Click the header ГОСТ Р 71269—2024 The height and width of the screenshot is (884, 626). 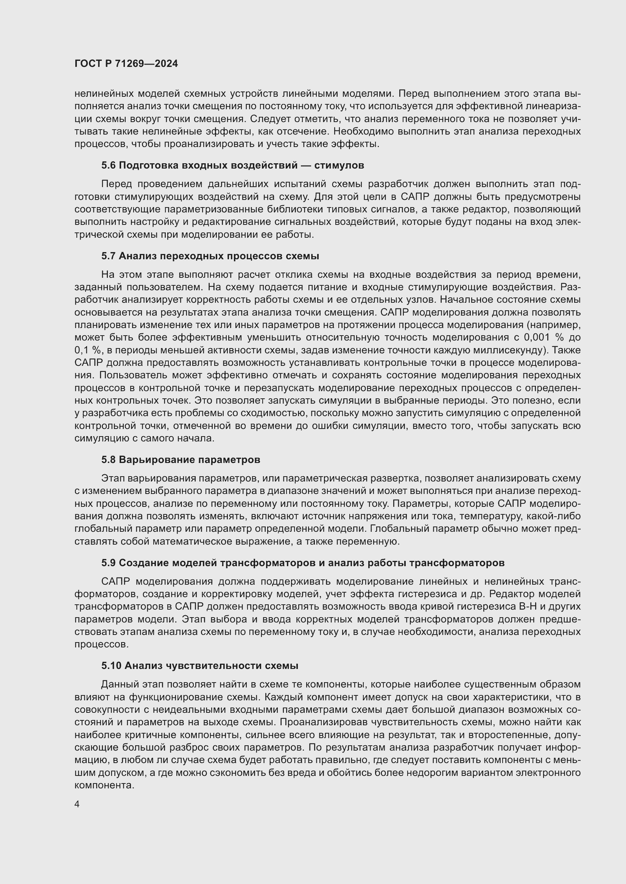tap(126, 63)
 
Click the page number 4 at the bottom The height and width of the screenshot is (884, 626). tap(77, 804)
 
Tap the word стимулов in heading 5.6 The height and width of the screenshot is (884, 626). tap(339, 165)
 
